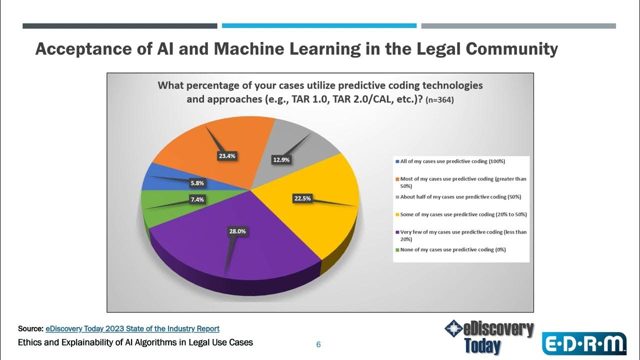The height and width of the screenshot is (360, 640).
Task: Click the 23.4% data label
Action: [x=226, y=155]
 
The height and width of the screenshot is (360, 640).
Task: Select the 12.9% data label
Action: [x=281, y=160]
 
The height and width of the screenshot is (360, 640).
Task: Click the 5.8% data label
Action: [x=196, y=183]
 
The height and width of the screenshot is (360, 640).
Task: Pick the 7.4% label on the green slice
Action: [x=196, y=199]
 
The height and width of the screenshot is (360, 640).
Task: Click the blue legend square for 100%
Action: [x=397, y=161]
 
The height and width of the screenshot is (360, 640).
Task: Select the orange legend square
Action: [x=397, y=178]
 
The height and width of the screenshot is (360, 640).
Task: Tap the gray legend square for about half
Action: [x=397, y=196]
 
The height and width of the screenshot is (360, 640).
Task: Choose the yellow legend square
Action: [x=397, y=214]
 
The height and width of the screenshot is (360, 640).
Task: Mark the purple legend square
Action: [x=397, y=232]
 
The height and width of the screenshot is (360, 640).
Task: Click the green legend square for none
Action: [x=397, y=249]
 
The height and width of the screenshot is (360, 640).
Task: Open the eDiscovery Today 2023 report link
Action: [x=132, y=329]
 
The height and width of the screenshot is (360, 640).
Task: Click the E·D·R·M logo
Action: [x=584, y=344]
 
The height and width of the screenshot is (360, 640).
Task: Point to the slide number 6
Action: [x=318, y=344]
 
